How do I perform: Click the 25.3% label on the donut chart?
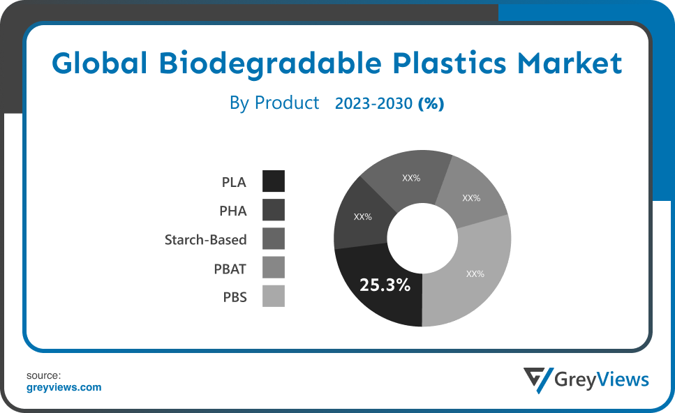[x=385, y=285]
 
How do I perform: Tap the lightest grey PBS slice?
[x=469, y=276]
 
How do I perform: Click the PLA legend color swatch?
[x=274, y=181]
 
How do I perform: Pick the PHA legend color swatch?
[x=274, y=210]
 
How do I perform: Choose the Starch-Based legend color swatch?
[x=274, y=239]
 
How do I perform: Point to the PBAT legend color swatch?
[x=274, y=268]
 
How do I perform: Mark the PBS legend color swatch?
[x=274, y=296]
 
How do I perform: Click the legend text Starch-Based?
[x=205, y=239]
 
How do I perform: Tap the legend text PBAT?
[x=230, y=269]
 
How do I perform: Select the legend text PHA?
[x=233, y=211]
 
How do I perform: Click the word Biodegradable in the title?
[x=270, y=63]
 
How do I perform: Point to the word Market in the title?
[x=570, y=63]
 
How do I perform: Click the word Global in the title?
[x=99, y=63]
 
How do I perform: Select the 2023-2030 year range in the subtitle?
[x=373, y=104]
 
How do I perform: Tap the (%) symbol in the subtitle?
[x=431, y=104]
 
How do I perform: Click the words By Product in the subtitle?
[x=274, y=103]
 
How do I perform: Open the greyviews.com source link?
[x=64, y=387]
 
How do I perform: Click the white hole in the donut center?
[x=422, y=238]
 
